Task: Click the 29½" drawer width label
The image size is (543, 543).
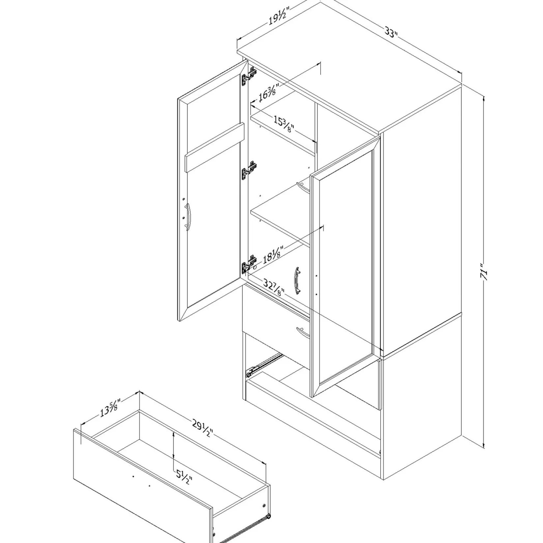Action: coord(202,427)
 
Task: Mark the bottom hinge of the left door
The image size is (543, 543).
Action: coord(249,263)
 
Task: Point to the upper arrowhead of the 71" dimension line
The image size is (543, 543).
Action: coord(484,99)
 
